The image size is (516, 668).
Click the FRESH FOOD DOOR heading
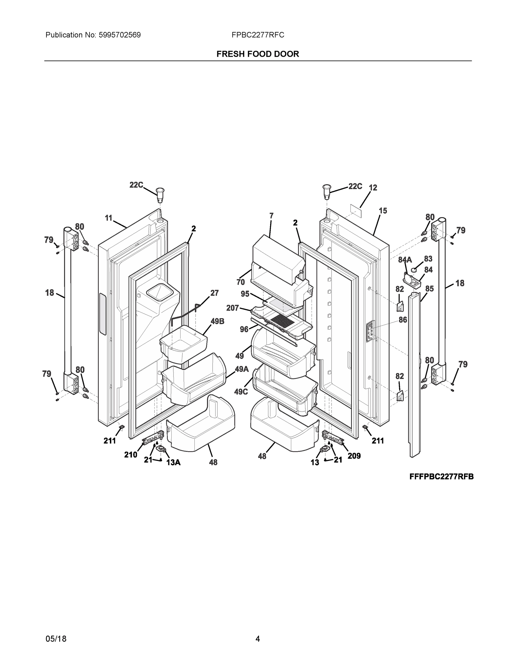pos(258,54)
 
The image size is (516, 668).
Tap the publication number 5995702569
pos(119,35)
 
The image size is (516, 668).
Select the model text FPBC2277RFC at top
pos(258,35)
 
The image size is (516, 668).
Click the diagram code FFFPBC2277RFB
pos(441,477)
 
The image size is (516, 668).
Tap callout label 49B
pos(217,321)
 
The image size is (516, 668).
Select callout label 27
pos(214,293)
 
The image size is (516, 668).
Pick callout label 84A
pos(405,260)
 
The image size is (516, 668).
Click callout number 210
pos(130,455)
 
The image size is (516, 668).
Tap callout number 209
pos(354,456)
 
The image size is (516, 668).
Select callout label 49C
pos(241,392)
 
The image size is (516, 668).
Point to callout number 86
pos(403,320)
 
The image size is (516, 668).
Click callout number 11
pos(108,218)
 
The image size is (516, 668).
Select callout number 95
pos(245,294)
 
